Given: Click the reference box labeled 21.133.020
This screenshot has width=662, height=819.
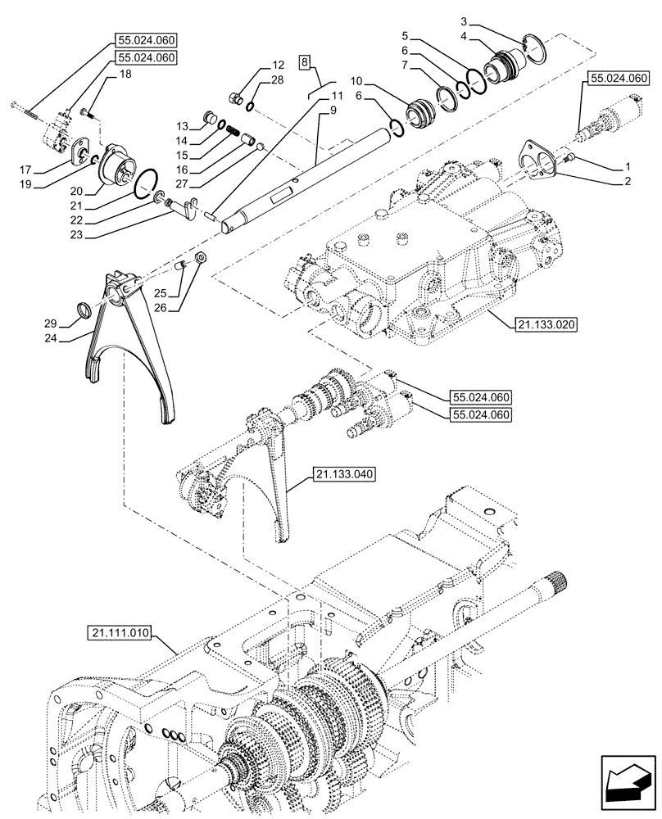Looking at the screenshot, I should point(546,325).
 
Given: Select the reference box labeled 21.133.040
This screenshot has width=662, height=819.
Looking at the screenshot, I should point(342,474).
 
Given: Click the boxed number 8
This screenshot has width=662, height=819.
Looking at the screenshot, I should point(304,61).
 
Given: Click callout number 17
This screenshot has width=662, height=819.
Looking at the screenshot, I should point(27,170).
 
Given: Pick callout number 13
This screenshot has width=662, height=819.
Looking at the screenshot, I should point(182,125).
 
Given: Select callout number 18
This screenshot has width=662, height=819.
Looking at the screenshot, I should point(125,74).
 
